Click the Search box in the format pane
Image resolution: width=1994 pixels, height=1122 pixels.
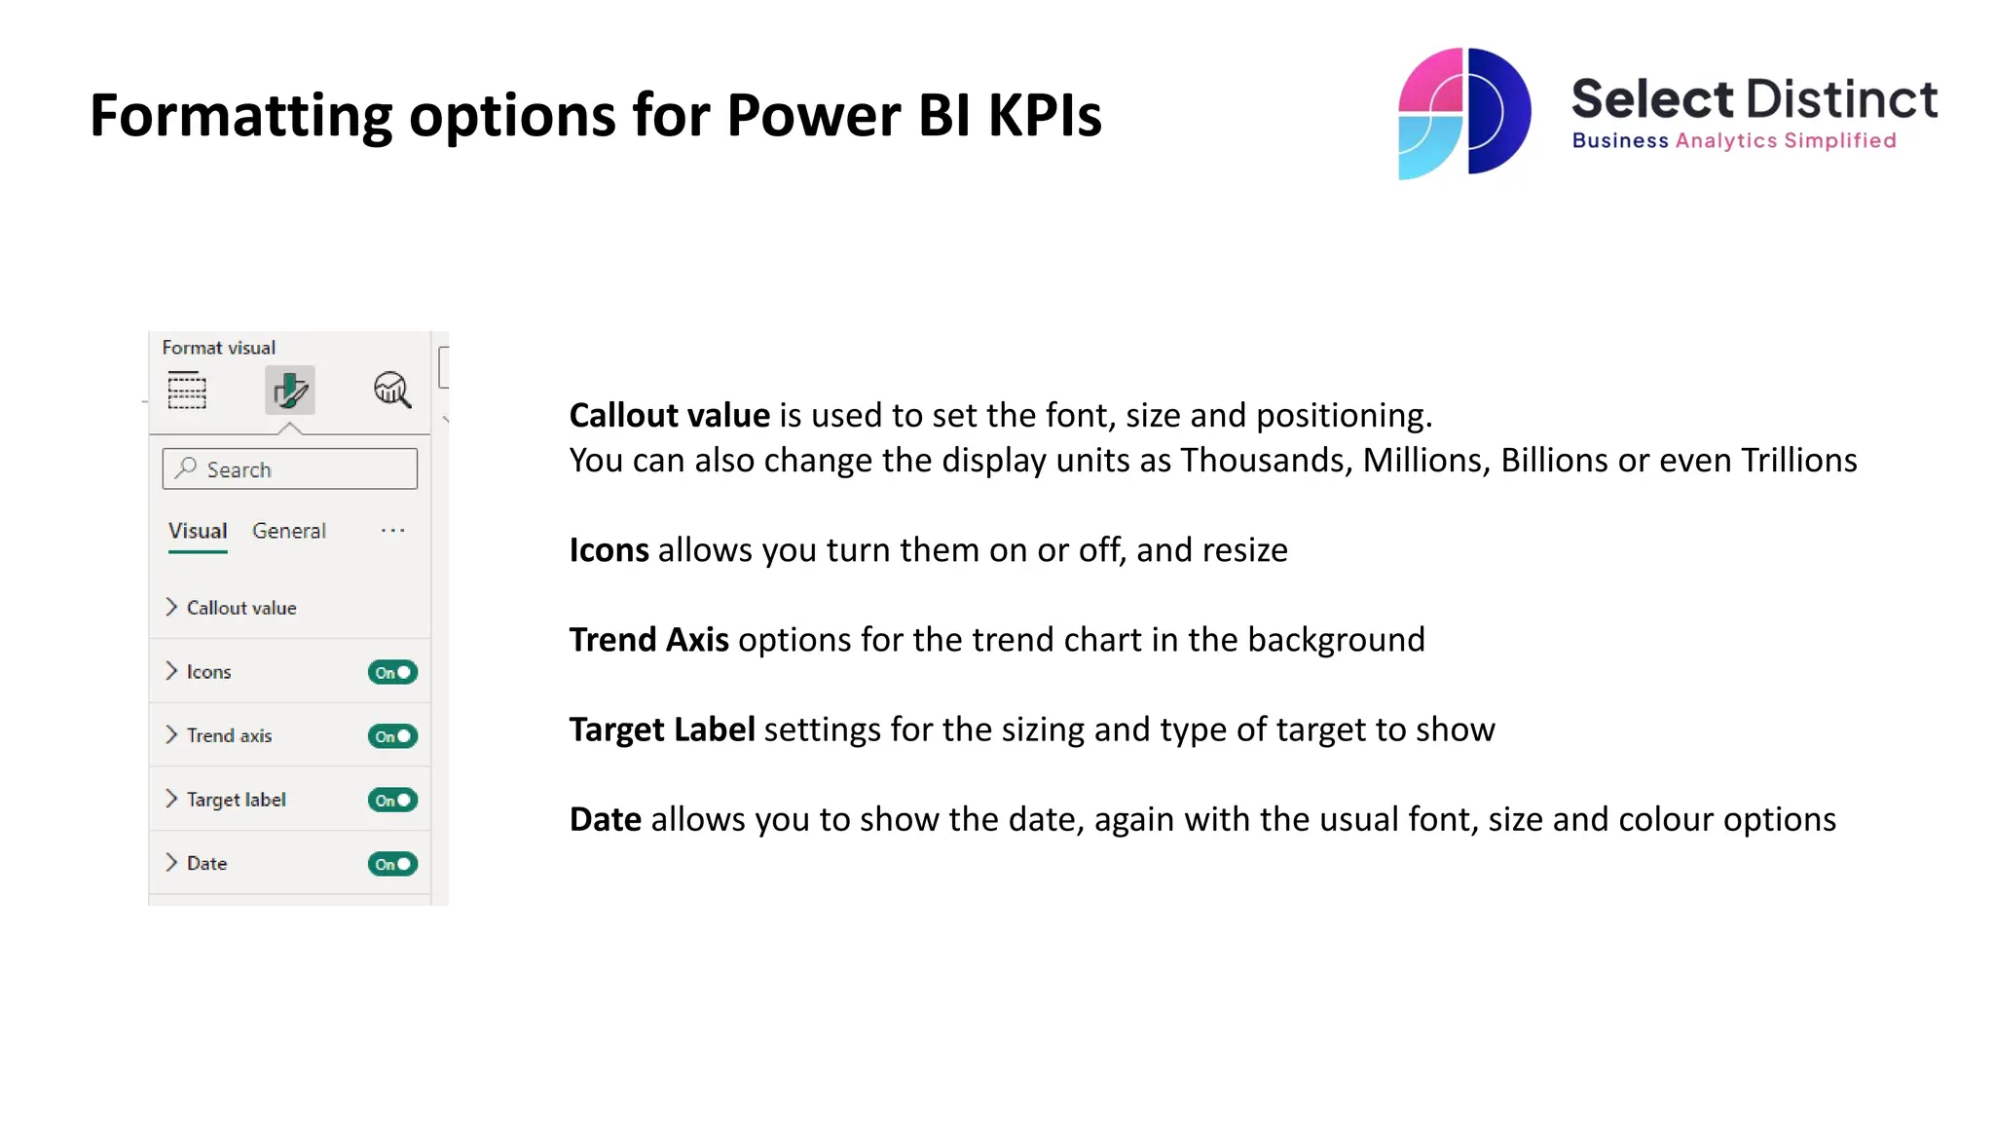point(289,469)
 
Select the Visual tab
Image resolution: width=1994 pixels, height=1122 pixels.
point(198,531)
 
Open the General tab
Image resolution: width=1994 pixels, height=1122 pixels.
point(289,531)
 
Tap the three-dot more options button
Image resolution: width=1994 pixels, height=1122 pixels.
point(392,531)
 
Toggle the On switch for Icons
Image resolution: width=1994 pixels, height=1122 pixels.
point(392,672)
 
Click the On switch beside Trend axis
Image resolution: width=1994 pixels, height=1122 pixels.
point(392,736)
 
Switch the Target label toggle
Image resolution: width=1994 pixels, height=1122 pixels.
point(392,801)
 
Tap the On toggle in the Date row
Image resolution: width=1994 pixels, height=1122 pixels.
point(392,864)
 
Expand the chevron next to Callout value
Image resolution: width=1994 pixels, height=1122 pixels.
point(171,608)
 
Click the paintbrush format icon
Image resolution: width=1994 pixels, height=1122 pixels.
point(290,391)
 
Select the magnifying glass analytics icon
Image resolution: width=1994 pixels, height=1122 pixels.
point(392,391)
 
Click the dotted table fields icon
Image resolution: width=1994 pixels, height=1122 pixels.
point(187,391)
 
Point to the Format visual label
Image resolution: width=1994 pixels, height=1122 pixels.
point(218,348)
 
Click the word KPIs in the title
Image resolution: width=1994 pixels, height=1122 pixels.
point(1045,116)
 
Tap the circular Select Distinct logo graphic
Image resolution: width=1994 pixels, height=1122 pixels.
point(1463,113)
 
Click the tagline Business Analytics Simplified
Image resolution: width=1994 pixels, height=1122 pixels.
point(1734,141)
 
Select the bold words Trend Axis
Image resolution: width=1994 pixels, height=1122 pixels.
point(648,640)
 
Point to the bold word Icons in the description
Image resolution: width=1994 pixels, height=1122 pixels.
point(609,550)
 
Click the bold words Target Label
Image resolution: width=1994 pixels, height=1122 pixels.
point(662,729)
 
